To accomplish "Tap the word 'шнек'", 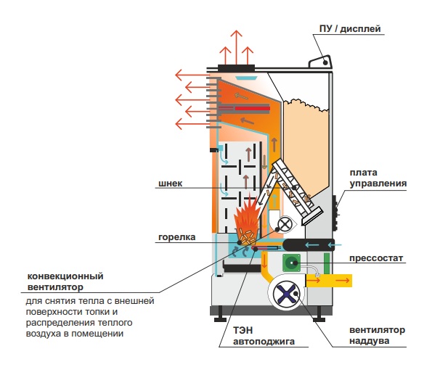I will pyautogui.click(x=169, y=184).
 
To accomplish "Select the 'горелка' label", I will pyautogui.click(x=176, y=236).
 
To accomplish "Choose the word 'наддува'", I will pyautogui.click(x=368, y=340).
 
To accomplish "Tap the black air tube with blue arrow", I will pyautogui.click(x=308, y=244).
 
